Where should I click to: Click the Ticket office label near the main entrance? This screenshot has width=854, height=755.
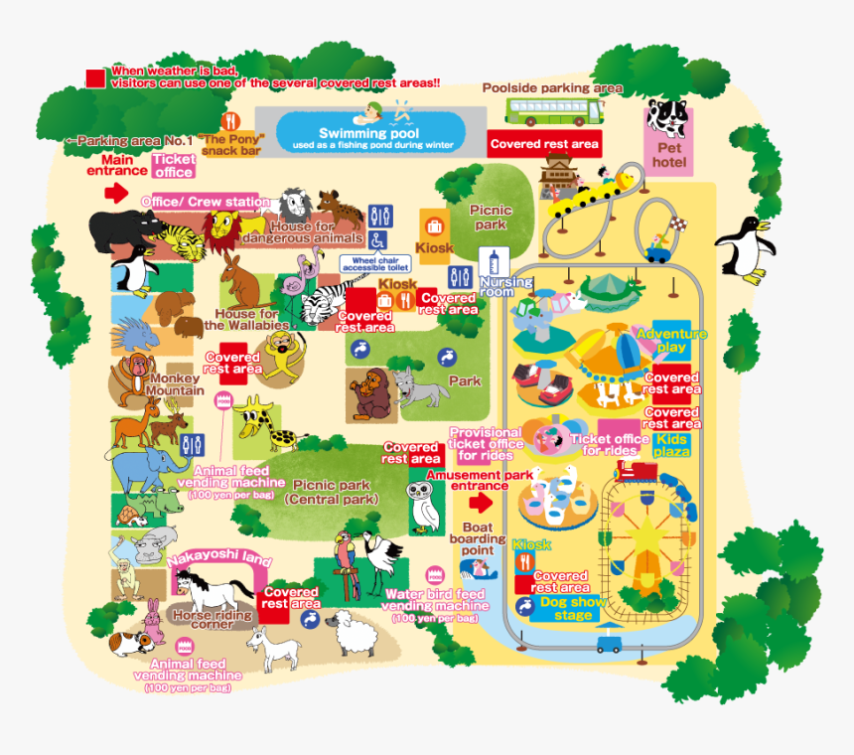(x=173, y=165)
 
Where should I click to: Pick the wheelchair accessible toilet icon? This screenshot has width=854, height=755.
(x=377, y=240)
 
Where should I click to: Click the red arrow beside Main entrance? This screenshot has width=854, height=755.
(x=116, y=192)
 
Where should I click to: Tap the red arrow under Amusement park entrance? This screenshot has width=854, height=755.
(x=479, y=503)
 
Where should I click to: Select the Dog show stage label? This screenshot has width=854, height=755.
(x=567, y=608)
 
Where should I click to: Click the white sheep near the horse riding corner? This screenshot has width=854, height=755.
(x=349, y=632)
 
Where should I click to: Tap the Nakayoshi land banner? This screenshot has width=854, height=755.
(x=219, y=560)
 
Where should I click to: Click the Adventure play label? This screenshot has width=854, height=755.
(x=671, y=341)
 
